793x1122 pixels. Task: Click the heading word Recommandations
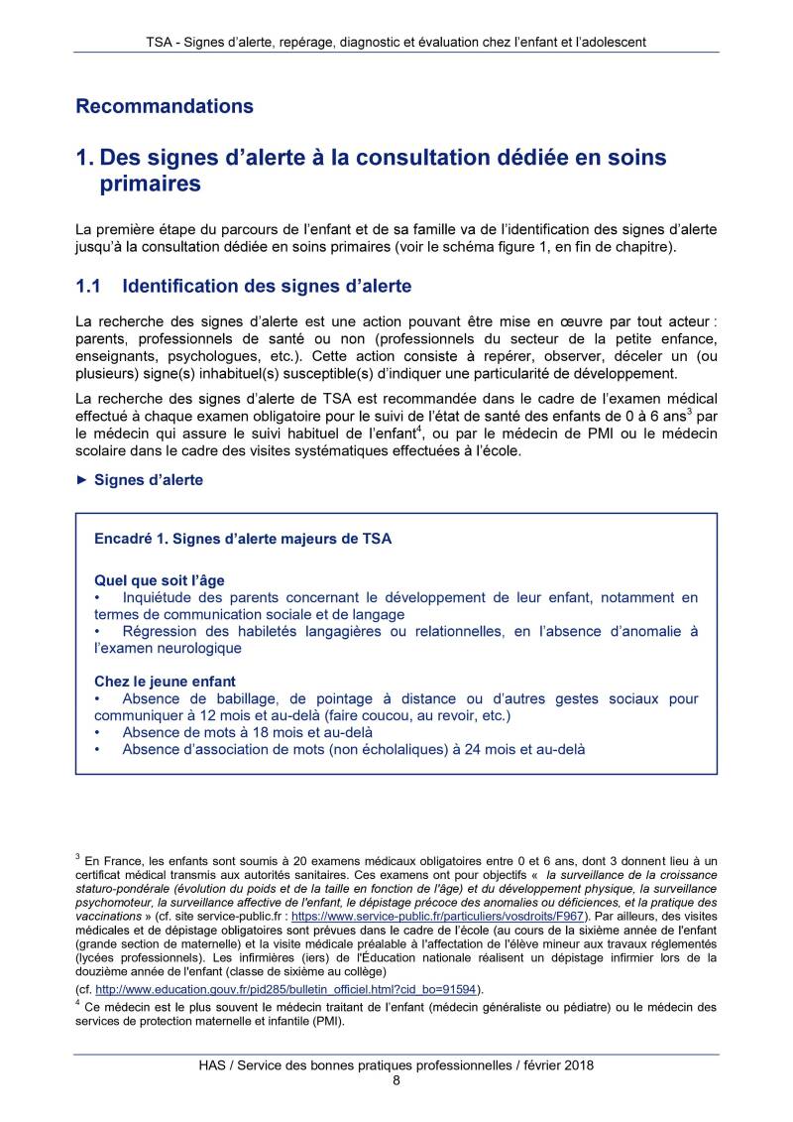pyautogui.click(x=165, y=106)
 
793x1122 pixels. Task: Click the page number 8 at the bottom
pyautogui.click(x=396, y=1081)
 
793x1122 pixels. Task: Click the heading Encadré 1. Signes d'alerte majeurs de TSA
pyautogui.click(x=242, y=539)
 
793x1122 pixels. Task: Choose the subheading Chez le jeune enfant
pyautogui.click(x=165, y=682)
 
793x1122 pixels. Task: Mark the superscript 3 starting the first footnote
pyautogui.click(x=77, y=856)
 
